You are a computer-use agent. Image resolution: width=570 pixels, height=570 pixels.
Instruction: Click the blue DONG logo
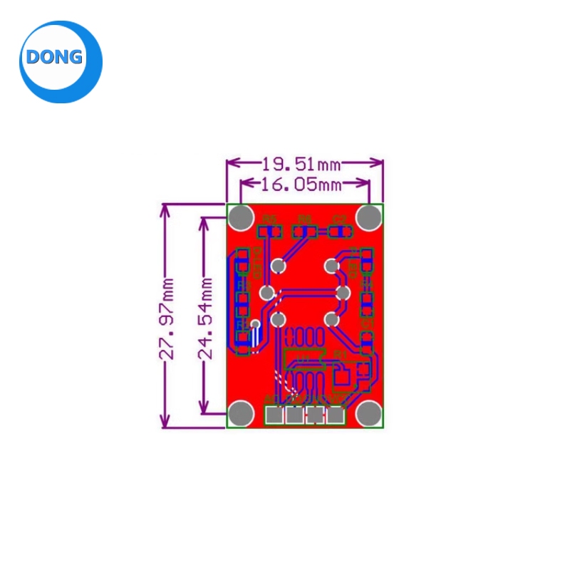click(61, 61)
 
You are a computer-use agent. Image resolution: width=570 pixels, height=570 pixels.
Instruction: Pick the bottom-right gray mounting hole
click(369, 413)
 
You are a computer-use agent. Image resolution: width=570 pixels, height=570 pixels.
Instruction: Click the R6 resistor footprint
click(306, 232)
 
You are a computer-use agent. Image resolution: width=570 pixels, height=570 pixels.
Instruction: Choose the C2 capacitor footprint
click(340, 232)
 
